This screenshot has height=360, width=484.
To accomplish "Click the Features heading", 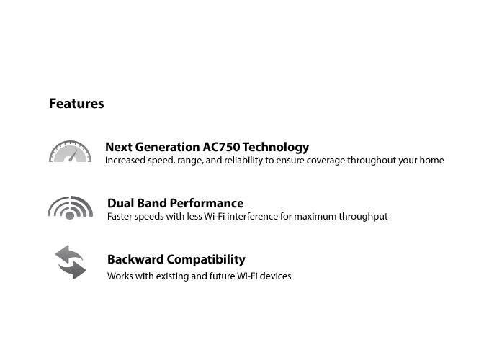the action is pos(76,104).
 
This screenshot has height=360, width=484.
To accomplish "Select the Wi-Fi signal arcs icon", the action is pos(70,208).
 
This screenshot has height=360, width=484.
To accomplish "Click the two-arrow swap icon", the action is pos(71,262).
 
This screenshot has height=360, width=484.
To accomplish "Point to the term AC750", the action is pos(221,147).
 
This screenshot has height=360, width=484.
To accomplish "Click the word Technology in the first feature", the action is pos(276,148).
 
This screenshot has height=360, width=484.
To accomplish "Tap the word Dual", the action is pos(121,203).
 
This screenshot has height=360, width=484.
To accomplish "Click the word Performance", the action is pos(207,203).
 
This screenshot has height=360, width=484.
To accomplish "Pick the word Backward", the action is pos(135,259).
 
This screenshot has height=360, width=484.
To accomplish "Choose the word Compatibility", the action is pos(206,260).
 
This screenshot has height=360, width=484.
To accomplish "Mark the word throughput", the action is pos(363,217).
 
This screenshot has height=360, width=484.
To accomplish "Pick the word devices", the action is pos(275,276).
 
